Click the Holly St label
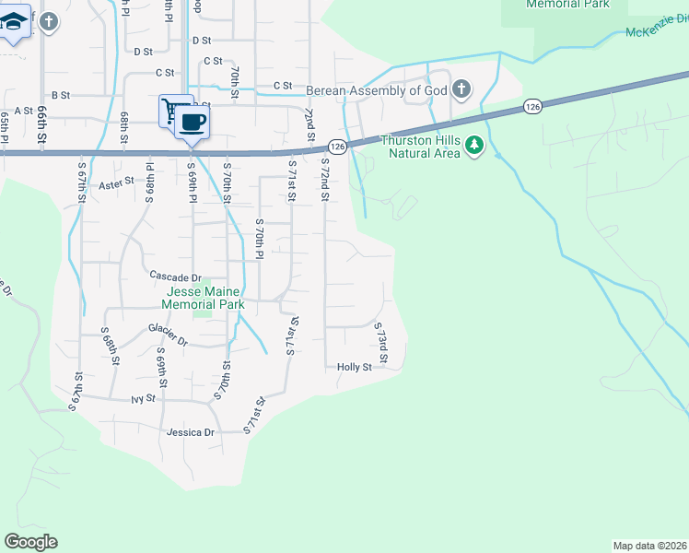click(354, 367)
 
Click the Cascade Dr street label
click(175, 276)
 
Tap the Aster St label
click(116, 184)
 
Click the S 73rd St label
click(380, 342)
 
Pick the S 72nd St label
click(324, 178)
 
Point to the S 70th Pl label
click(260, 242)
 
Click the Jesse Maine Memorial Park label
click(203, 297)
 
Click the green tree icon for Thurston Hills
click(473, 145)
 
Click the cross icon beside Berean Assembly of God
click(461, 89)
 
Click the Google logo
click(30, 542)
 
